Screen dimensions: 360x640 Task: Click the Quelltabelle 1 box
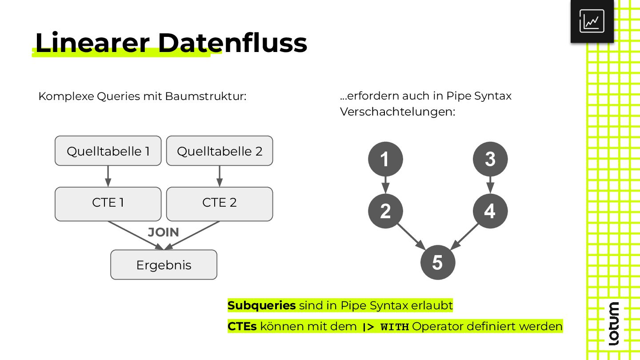(108, 151)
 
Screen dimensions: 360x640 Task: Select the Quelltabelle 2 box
(220, 151)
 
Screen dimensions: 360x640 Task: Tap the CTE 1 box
(108, 204)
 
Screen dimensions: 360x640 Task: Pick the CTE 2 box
(220, 204)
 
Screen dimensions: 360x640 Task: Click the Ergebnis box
(164, 265)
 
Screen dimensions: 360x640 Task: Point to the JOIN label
(164, 232)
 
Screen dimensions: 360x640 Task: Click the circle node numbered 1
(385, 159)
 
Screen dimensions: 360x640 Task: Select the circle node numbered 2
(385, 211)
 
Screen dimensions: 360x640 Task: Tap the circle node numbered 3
(490, 159)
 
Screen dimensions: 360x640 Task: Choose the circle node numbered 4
(490, 211)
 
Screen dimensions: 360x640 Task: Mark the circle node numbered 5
(438, 263)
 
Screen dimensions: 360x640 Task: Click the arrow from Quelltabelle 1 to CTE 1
(108, 176)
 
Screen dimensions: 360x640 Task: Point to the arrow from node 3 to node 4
(490, 185)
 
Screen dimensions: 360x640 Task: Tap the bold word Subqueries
(261, 305)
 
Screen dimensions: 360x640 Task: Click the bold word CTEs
(242, 327)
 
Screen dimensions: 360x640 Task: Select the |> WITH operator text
(385, 327)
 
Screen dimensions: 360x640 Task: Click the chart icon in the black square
(592, 21)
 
